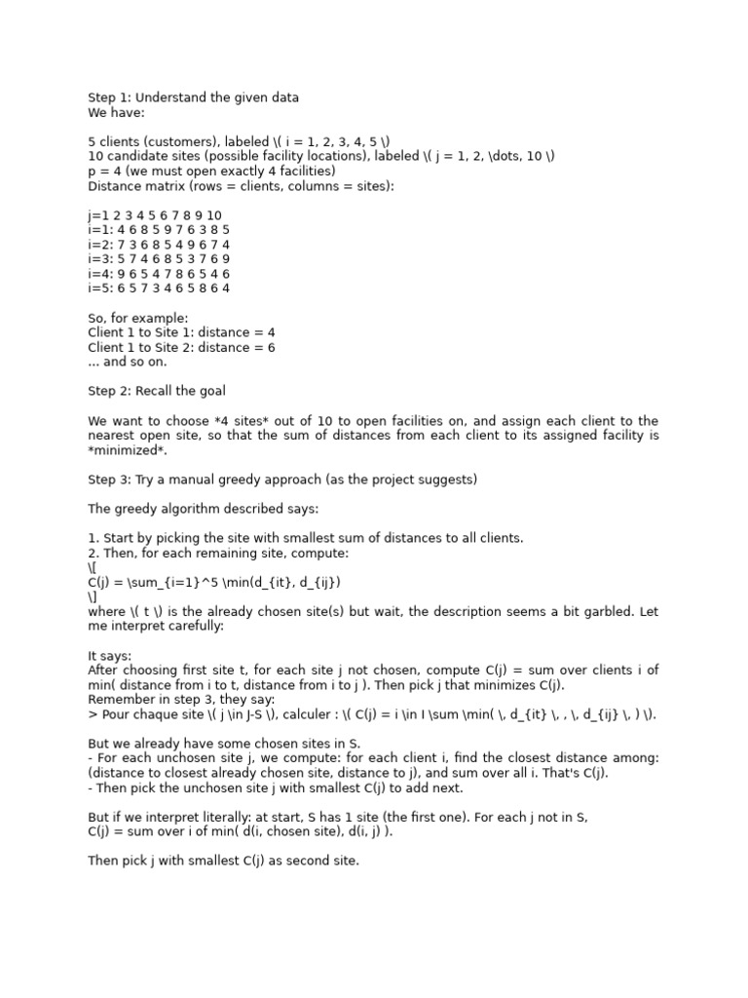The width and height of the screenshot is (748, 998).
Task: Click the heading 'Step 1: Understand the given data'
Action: pos(193,97)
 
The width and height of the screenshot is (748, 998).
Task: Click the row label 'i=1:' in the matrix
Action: pos(100,230)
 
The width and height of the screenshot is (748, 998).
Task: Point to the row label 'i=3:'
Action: pos(100,259)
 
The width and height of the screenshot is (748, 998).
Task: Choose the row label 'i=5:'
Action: pos(100,288)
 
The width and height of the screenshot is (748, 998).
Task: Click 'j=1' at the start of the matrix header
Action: pos(98,215)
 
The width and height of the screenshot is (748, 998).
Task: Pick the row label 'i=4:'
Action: pos(100,274)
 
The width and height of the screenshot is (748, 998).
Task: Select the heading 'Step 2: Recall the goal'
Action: pos(157,391)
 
